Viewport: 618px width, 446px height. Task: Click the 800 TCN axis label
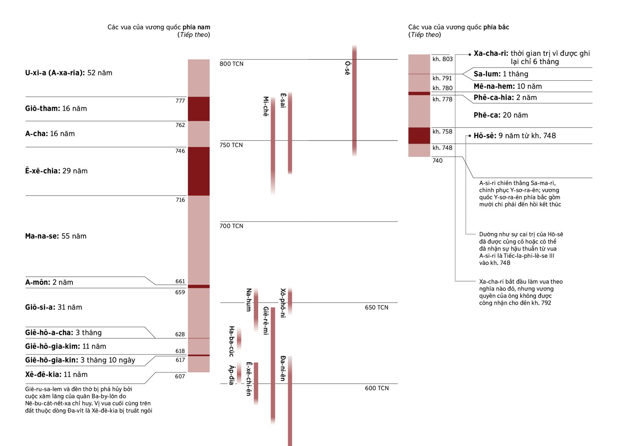231,64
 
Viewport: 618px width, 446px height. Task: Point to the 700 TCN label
231,226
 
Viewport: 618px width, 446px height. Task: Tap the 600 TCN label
377,388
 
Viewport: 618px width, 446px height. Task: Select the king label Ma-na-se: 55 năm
56,236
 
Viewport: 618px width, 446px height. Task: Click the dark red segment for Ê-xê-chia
198,171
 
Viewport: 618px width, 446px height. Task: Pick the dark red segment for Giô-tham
198,109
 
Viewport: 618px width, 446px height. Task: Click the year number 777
180,101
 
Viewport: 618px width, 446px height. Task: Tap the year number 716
180,200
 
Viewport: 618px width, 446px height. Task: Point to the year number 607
180,376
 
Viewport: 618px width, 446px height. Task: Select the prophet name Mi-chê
266,106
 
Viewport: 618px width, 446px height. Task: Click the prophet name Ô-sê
347,68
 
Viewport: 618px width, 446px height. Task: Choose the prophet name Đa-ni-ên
283,368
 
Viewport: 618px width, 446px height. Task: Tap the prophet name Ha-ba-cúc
231,341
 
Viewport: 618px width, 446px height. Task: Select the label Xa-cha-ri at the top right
491,54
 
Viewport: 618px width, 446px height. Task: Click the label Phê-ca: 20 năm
501,115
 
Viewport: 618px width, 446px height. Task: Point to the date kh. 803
443,59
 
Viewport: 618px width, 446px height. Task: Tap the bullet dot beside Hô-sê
470,136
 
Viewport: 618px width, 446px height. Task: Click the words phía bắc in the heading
496,27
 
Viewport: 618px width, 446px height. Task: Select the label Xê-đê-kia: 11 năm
56,374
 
